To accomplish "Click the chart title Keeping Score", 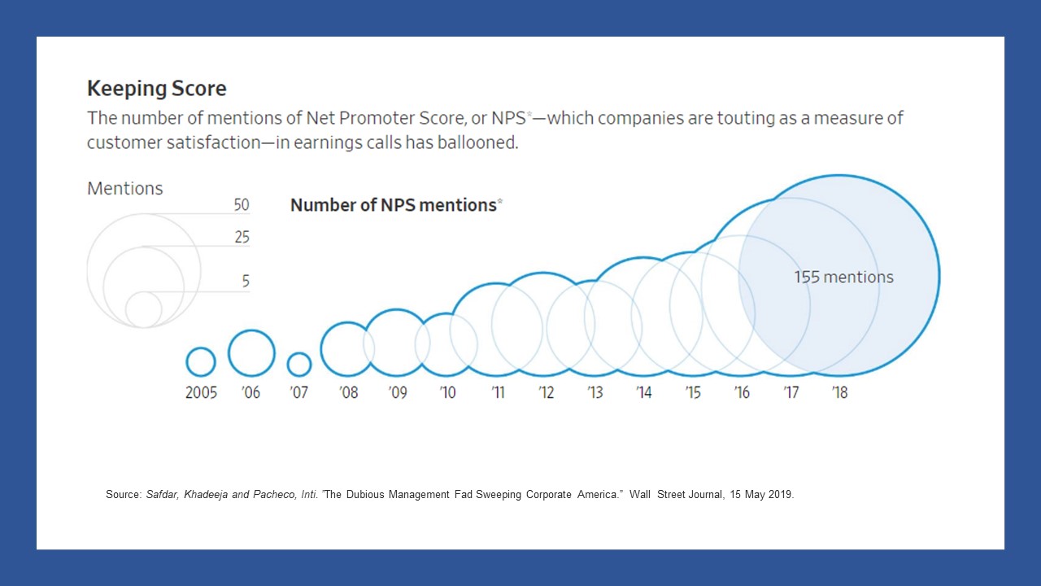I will pos(156,89).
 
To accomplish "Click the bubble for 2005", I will pos(201,361).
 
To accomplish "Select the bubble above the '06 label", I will pos(251,353).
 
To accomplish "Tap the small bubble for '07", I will pos(299,364).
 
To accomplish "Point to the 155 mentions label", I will pos(843,278).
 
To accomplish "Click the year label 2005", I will pos(201,393).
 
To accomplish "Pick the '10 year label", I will pos(447,393).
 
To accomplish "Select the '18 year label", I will pos(839,393).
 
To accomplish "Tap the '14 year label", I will pos(643,393).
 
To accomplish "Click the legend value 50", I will pos(242,205).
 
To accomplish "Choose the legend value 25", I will pos(242,238).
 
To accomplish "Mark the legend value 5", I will pos(246,282).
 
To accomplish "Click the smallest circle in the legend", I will pos(144,309).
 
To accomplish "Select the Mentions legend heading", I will pos(124,189).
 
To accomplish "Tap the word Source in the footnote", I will pos(122,495).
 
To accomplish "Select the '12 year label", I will pos(546,393).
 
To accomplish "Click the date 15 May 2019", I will pos(760,495).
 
